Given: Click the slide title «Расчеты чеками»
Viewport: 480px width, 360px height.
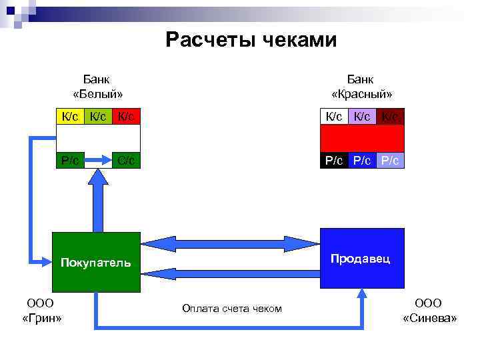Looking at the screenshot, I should coord(251,41).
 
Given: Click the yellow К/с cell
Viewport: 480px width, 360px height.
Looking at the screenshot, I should coord(69,117).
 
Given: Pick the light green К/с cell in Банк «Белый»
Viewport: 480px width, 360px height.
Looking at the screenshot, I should coord(97,117).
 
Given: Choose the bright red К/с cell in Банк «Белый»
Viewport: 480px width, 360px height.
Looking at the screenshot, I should coord(126,117).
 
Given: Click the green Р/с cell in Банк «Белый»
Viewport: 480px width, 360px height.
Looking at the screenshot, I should coord(69,160).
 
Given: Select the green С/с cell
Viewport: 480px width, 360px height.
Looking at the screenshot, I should coord(126,160).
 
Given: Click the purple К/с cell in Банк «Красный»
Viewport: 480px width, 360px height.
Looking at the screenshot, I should coord(363,117).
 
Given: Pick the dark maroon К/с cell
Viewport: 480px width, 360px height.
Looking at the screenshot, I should coord(391,117).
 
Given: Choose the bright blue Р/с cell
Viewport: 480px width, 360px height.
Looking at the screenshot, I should coord(363,160).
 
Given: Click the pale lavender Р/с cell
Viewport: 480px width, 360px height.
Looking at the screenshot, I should coord(391,160).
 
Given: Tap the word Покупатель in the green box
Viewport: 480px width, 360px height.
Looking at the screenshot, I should coord(96,262).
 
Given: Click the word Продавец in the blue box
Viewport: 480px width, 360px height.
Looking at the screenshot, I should coord(361,257).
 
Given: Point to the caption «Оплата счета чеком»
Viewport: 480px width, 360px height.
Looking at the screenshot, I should coord(231,308).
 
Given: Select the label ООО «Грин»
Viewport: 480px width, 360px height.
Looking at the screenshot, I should coord(41,311).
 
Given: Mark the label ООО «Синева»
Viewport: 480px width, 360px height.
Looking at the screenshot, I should coord(430,311).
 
